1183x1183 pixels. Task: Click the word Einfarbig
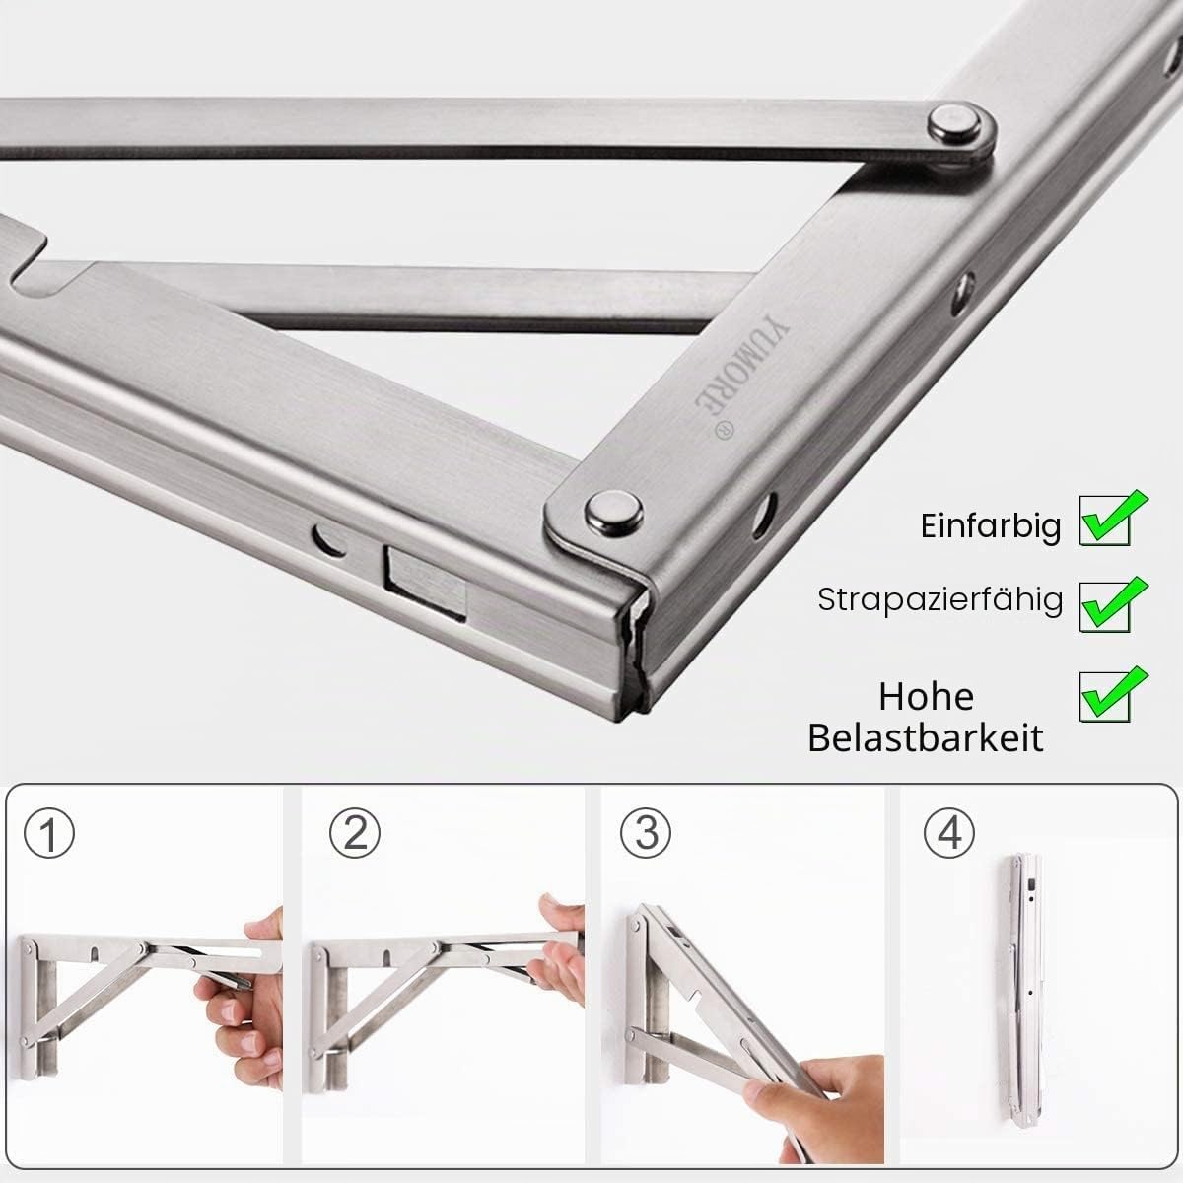(x=990, y=526)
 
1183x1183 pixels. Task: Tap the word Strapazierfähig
(x=939, y=599)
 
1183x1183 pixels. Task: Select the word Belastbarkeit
(x=925, y=738)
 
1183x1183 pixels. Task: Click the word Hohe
(x=926, y=697)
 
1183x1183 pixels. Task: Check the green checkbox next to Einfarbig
(x=1111, y=519)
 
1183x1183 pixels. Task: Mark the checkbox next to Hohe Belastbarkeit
(x=1111, y=694)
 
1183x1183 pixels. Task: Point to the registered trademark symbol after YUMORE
(x=725, y=430)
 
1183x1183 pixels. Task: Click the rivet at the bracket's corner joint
(x=613, y=512)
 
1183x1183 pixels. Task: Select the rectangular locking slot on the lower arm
(x=426, y=583)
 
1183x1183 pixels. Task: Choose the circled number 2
(x=355, y=833)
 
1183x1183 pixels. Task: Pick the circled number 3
(x=645, y=833)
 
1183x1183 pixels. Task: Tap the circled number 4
(x=948, y=833)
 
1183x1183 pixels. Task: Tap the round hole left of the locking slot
(x=328, y=539)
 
